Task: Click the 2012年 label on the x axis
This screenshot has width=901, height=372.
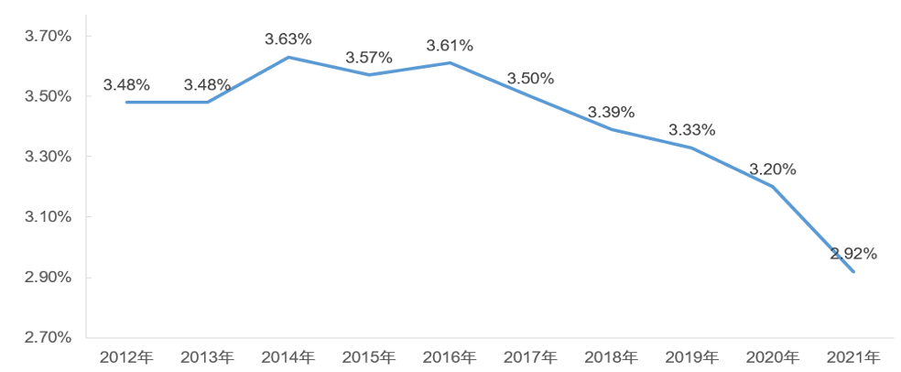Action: tap(126, 356)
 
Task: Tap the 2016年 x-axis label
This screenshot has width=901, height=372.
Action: tap(450, 356)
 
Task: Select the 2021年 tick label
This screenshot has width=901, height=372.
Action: tap(853, 356)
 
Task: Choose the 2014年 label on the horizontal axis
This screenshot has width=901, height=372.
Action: tap(288, 356)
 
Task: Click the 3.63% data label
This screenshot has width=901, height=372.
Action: tap(288, 39)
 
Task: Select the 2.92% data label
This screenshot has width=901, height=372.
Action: tap(853, 254)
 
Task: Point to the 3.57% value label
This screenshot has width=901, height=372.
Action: tap(369, 58)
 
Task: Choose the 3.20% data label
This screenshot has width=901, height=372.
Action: tap(773, 170)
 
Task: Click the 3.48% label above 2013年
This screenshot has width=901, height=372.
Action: tap(207, 84)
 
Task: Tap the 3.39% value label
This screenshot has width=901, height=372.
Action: tap(611, 112)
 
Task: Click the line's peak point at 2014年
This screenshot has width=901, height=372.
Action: tap(288, 57)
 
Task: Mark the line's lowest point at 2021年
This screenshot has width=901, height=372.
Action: tap(853, 271)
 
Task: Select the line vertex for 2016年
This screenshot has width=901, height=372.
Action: tap(450, 62)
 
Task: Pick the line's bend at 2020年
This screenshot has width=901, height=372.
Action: tap(773, 187)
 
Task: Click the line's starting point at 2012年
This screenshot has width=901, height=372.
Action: tap(126, 102)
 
